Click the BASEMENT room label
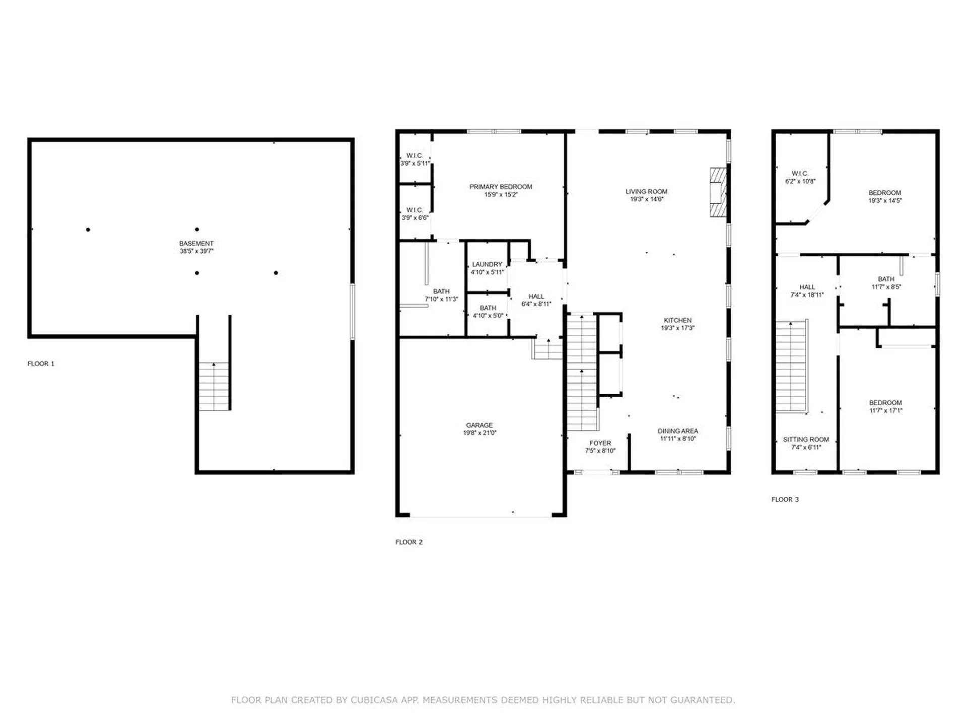tap(196, 243)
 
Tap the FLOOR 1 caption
tap(41, 364)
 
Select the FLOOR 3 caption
tap(785, 499)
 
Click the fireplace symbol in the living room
tap(718, 192)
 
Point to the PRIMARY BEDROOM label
tap(501, 187)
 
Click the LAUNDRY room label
tap(487, 264)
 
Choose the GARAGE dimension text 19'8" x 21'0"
tap(479, 433)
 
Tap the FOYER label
tap(600, 443)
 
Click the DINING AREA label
tap(677, 431)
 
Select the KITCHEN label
tap(677, 320)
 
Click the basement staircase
tap(214, 386)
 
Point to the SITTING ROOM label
tap(806, 440)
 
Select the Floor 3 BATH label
tap(886, 279)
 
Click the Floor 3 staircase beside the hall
tap(791, 367)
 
